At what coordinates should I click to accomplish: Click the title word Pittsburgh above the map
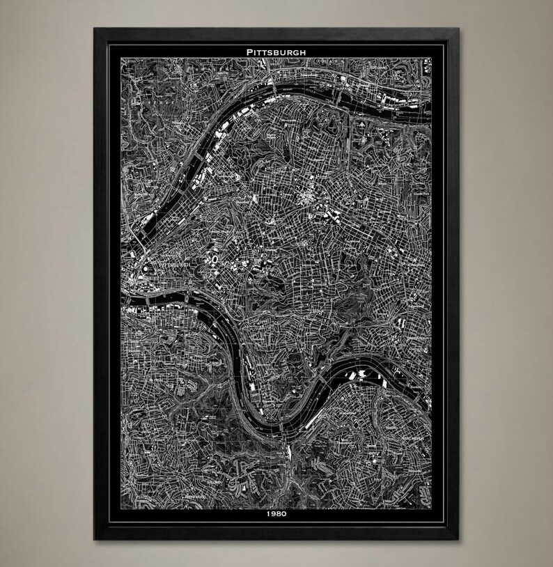tap(276, 52)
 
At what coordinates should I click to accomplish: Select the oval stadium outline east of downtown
tap(214, 260)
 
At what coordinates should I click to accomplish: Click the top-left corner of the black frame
tap(94, 28)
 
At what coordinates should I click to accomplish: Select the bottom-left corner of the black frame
tap(94, 541)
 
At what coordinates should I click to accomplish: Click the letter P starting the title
tap(248, 52)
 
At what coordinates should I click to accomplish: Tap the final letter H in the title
tap(304, 52)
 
